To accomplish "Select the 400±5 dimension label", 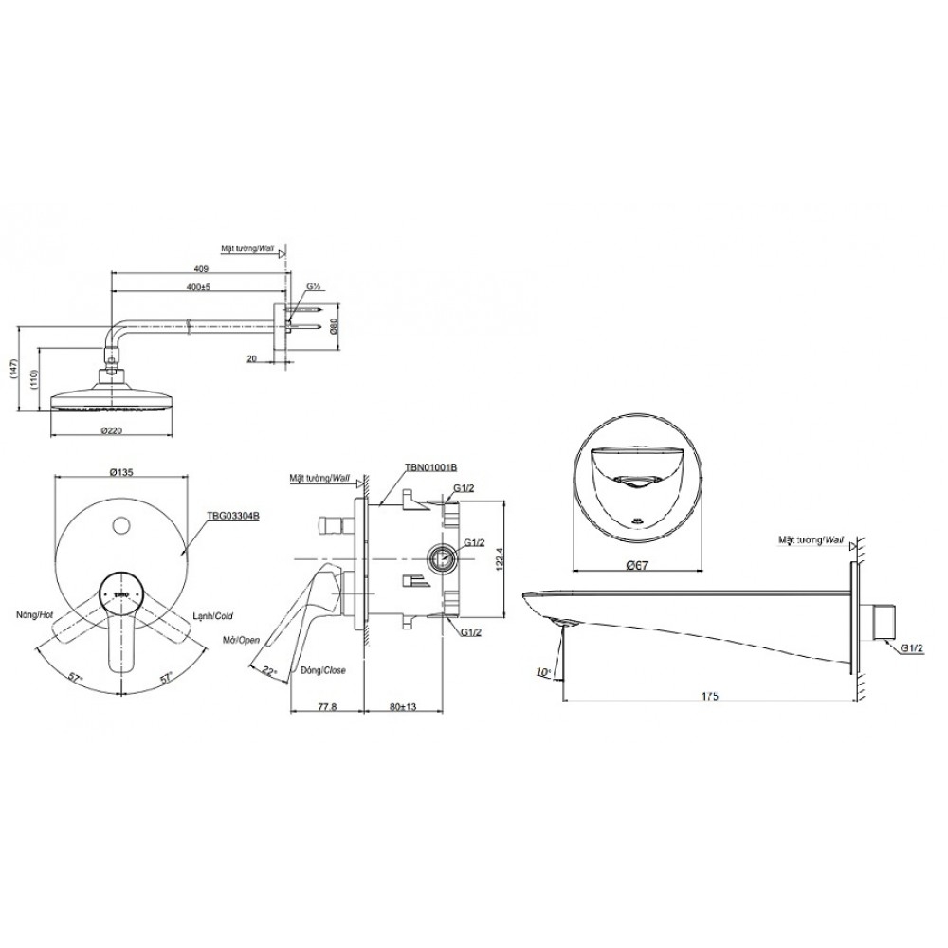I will pyautogui.click(x=200, y=285).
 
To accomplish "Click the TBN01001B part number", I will pyautogui.click(x=431, y=468).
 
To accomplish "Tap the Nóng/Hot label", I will pyautogui.click(x=34, y=614).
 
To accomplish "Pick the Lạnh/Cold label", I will pyautogui.click(x=213, y=614).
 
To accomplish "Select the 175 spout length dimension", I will pyautogui.click(x=710, y=696).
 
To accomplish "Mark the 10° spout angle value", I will pyautogui.click(x=542, y=671).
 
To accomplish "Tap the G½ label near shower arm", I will pyautogui.click(x=313, y=285).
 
